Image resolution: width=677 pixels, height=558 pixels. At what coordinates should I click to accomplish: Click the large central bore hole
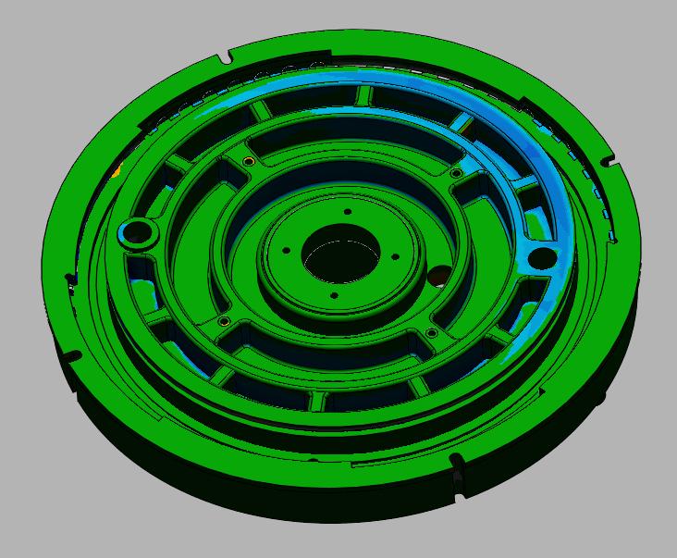coord(339,259)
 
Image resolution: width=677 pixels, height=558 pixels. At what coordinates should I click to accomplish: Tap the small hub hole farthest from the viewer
coord(348,212)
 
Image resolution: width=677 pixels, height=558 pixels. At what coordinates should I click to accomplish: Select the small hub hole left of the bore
coord(287,250)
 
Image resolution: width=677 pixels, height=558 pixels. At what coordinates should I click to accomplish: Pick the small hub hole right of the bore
coord(394,257)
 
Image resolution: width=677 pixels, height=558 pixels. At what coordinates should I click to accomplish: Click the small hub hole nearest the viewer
coord(334,296)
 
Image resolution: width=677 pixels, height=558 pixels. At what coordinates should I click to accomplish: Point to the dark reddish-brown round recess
coord(437,276)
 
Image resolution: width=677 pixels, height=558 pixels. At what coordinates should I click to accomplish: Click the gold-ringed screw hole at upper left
coord(248,163)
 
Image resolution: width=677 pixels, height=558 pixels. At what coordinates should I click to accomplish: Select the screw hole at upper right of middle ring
coord(455,173)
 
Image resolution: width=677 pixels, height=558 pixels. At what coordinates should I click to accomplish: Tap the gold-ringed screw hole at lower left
coord(223,322)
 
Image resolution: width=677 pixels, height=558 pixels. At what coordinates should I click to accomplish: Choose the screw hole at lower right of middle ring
coord(431,333)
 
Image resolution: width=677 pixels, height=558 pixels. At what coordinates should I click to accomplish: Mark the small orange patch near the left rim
coord(117,171)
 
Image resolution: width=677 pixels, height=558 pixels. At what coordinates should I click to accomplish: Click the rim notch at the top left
coord(227,59)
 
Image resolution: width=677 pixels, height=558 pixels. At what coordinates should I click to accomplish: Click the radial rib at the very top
coord(363,95)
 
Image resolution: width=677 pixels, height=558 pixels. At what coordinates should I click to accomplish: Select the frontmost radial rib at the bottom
coord(319,400)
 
